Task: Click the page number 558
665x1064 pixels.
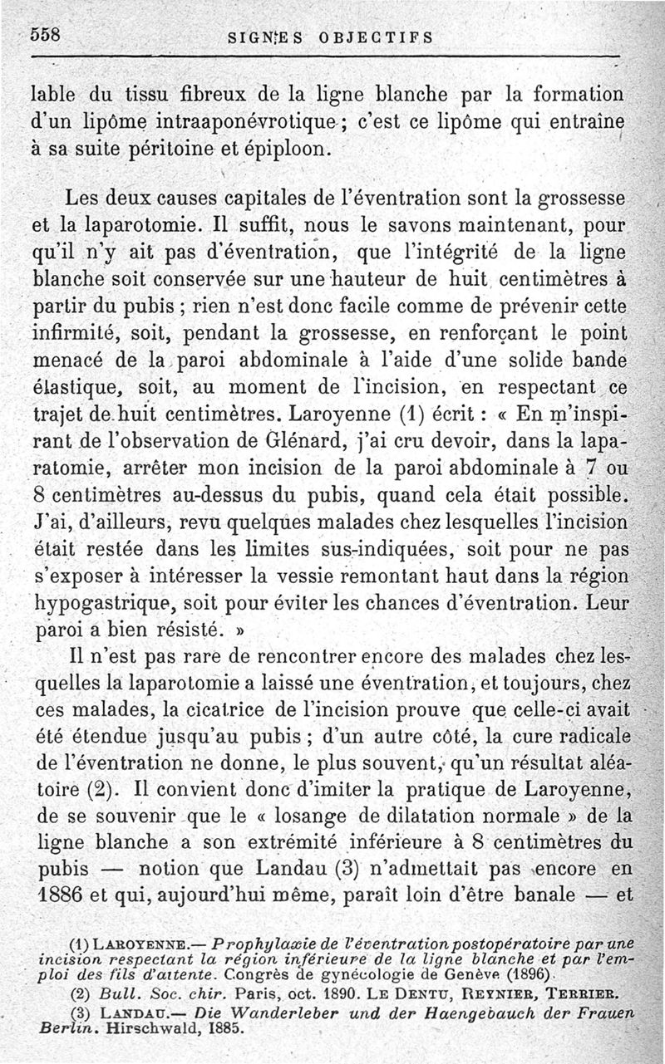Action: coord(49,34)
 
